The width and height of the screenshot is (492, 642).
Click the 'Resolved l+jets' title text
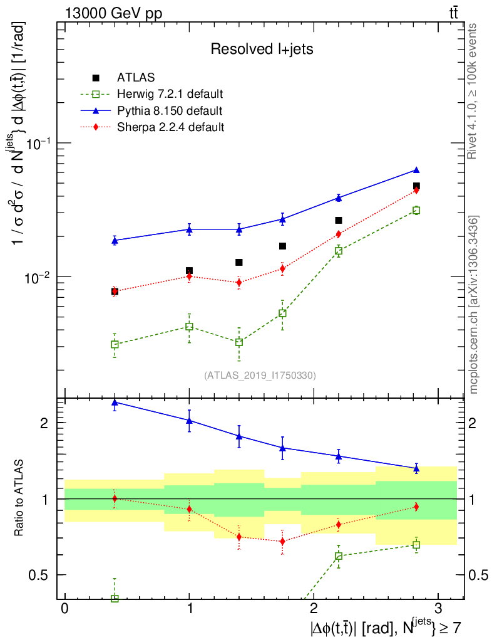262,49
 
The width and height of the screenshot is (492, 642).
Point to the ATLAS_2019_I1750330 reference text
260,376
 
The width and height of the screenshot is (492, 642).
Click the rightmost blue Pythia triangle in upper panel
416,170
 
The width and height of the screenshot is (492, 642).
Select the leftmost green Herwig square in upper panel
115,344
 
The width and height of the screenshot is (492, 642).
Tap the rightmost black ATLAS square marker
416,186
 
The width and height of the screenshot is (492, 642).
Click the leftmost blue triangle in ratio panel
115,403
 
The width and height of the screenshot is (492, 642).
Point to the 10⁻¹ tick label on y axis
39,143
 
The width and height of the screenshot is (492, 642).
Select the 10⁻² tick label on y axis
39,276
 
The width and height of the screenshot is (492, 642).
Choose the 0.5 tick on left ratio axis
41,575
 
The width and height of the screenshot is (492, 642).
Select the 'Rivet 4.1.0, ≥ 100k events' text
474,92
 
